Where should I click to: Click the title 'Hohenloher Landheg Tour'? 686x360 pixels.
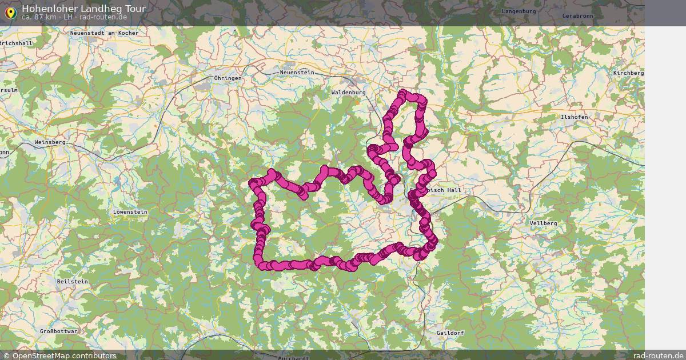pyautogui.click(x=83, y=9)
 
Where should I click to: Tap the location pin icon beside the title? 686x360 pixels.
pyautogui.click(x=10, y=12)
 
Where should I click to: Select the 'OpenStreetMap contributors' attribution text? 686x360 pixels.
pyautogui.click(x=64, y=355)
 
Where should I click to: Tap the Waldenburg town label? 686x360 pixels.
pyautogui.click(x=348, y=91)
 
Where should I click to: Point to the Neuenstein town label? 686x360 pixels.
pyautogui.click(x=297, y=73)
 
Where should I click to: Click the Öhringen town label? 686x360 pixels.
pyautogui.click(x=228, y=78)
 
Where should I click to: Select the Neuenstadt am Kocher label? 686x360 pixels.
pyautogui.click(x=104, y=33)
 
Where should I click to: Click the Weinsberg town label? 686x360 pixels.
pyautogui.click(x=50, y=142)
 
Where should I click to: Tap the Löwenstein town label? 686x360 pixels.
pyautogui.click(x=130, y=212)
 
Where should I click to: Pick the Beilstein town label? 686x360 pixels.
pyautogui.click(x=73, y=282)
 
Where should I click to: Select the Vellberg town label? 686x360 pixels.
pyautogui.click(x=543, y=223)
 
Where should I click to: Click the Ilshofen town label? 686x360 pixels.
pyautogui.click(x=575, y=117)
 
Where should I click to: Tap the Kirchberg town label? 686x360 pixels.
pyautogui.click(x=628, y=73)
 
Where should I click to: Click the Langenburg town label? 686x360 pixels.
pyautogui.click(x=519, y=11)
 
